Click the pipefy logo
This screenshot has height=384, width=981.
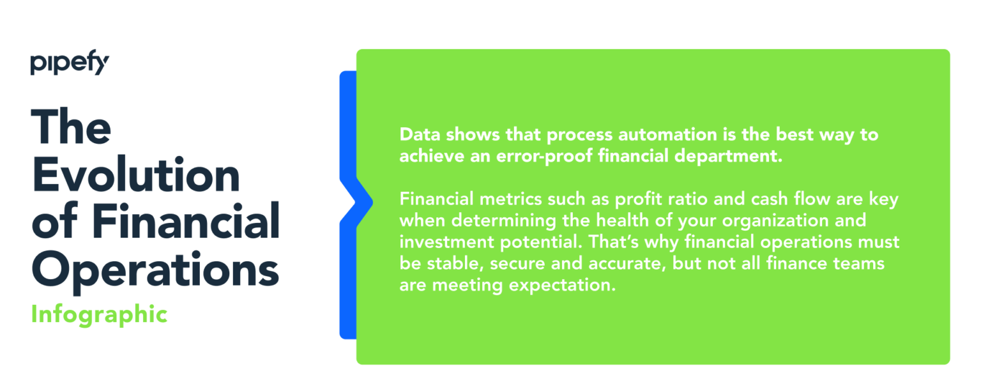pos(70,65)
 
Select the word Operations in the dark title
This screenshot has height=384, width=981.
pos(155,270)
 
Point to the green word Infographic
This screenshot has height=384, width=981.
pos(99,314)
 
